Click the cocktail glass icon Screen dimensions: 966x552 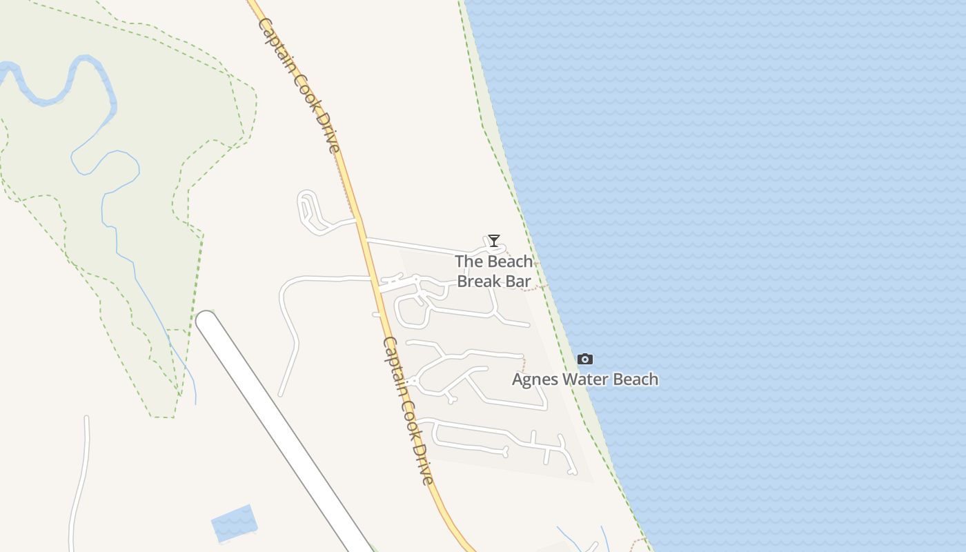tap(493, 240)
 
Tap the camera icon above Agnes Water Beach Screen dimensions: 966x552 tap(584, 359)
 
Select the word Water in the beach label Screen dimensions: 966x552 tap(585, 379)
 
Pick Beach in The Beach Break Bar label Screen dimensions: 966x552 tap(510, 262)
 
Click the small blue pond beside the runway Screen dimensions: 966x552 tap(233, 523)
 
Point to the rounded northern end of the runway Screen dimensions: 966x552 tap(207, 321)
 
